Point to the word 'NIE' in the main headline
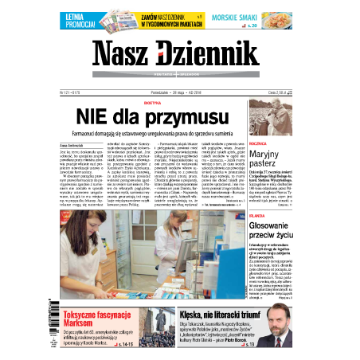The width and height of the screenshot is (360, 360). [113, 116]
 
